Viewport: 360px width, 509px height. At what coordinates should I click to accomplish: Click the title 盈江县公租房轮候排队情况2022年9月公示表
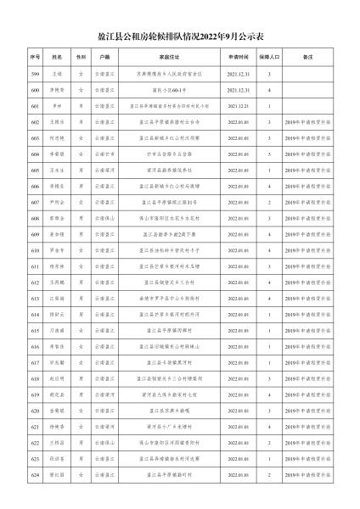point(180,37)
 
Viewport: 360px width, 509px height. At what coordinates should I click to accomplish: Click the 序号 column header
point(35,56)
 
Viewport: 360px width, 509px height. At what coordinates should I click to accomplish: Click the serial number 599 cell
point(35,74)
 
